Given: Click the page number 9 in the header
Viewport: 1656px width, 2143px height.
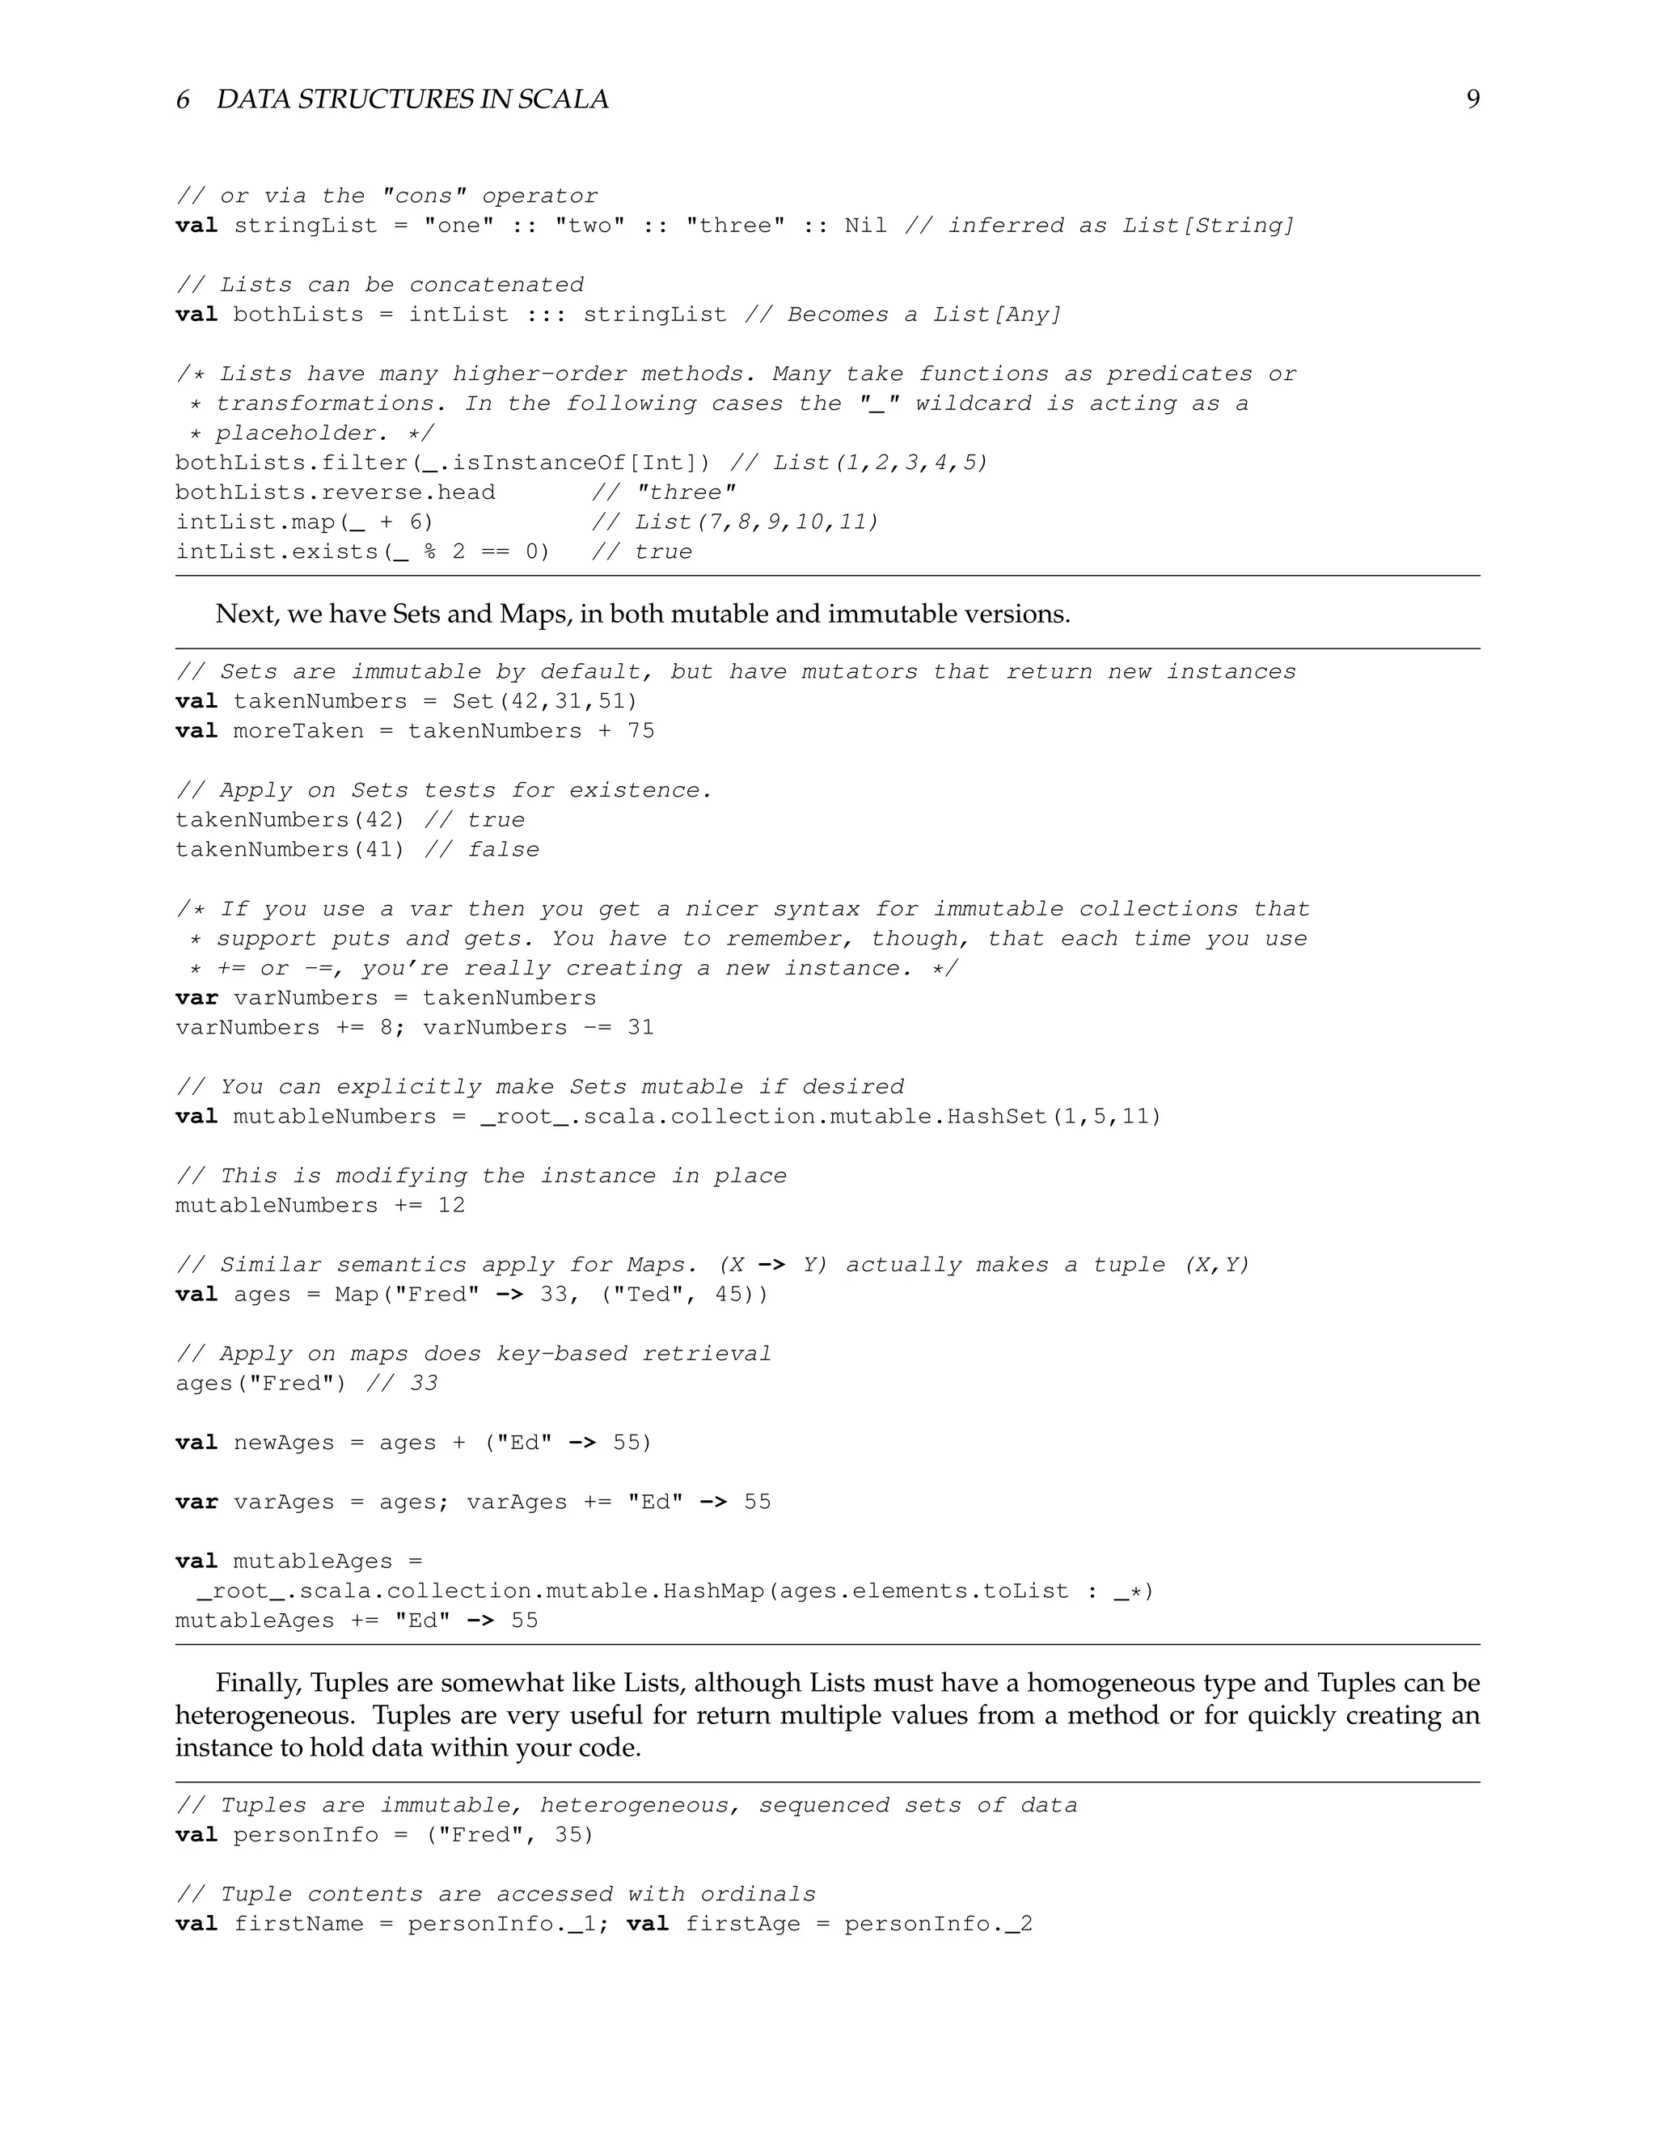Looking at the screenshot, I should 1472,99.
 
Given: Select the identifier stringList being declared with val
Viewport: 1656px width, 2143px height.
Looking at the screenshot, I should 305,226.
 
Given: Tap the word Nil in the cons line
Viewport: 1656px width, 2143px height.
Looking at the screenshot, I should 865,226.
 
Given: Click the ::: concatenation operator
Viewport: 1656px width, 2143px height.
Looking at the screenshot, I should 546,315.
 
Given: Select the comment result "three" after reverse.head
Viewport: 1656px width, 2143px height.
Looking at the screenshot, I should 686,492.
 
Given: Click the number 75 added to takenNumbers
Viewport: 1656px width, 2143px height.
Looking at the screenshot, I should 640,731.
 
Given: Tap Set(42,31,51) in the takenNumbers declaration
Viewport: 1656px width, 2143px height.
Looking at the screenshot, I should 544,702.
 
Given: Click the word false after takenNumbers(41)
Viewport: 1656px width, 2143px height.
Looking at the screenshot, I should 503,850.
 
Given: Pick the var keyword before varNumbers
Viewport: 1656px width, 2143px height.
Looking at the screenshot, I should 196,998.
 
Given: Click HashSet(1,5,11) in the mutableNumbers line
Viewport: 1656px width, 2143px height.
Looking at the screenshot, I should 1054,1117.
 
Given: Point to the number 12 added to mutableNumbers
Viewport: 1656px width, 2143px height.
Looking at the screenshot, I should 451,1205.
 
